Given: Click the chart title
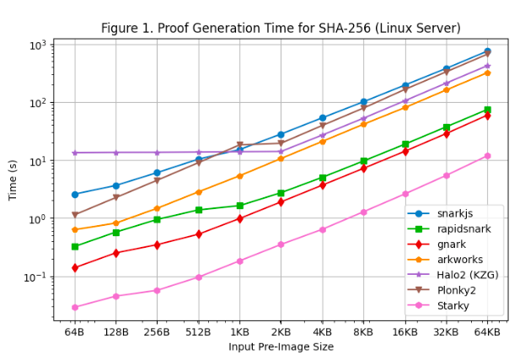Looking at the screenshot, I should click(x=281, y=28).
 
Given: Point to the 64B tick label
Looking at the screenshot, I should click(x=74, y=332).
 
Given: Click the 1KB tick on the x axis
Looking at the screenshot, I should click(x=239, y=332).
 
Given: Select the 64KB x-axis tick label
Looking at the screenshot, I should click(x=487, y=332).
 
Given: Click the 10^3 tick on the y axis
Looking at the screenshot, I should click(x=39, y=45).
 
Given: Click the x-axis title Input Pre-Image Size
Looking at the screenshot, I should click(x=281, y=347).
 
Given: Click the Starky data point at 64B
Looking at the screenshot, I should click(x=74, y=308).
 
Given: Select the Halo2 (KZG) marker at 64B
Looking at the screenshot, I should click(x=74, y=153).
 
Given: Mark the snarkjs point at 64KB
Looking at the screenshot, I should click(x=487, y=51).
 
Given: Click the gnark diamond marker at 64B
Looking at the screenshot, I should click(x=74, y=268).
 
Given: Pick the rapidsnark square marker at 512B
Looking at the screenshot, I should click(x=198, y=210).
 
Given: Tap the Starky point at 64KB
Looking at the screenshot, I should click(x=487, y=156).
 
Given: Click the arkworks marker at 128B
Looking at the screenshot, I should click(x=115, y=223).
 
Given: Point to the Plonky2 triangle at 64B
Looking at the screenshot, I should click(x=74, y=215).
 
